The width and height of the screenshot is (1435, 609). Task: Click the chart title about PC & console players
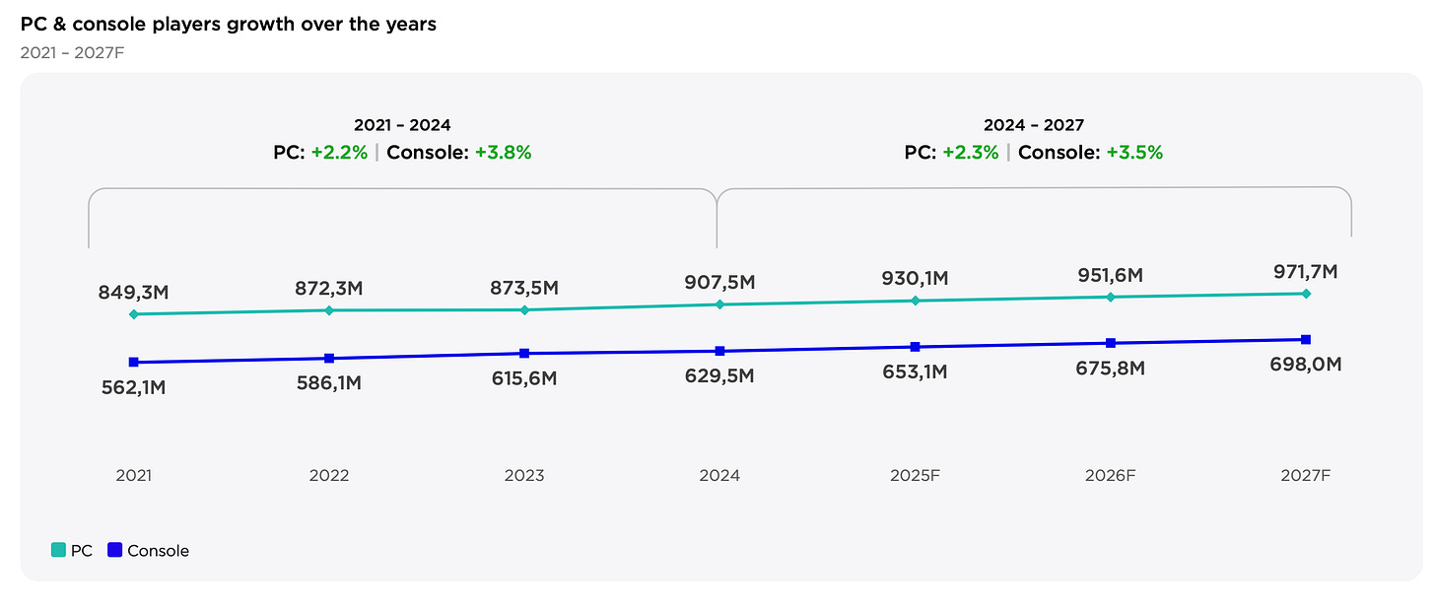coord(229,24)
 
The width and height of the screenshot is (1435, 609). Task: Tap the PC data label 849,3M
coord(133,292)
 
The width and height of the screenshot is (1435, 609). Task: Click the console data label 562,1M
coord(133,387)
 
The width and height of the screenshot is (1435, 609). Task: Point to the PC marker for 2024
coord(719,304)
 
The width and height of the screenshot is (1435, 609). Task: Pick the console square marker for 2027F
coord(1306,339)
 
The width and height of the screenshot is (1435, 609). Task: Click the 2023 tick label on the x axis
coord(524,475)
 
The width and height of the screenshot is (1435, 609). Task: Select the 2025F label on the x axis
coord(916,475)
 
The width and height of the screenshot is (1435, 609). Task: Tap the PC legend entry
coord(72,551)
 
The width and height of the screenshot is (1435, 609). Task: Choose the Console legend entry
coord(148,551)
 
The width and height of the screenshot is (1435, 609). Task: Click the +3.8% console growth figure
coord(504,153)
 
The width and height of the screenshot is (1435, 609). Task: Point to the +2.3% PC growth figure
coord(971,153)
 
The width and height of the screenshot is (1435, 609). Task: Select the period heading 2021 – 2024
coord(402,125)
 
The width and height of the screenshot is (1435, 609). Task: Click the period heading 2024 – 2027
coord(1033,125)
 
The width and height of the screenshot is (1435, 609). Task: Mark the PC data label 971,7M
coord(1306,271)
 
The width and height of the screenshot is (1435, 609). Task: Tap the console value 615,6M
coord(524,378)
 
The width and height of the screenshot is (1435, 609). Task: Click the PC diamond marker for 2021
coord(133,314)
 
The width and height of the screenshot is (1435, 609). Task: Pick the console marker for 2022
coord(329,358)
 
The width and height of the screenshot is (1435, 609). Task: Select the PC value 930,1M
coord(916,279)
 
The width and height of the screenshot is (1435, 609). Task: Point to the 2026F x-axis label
coord(1111,475)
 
